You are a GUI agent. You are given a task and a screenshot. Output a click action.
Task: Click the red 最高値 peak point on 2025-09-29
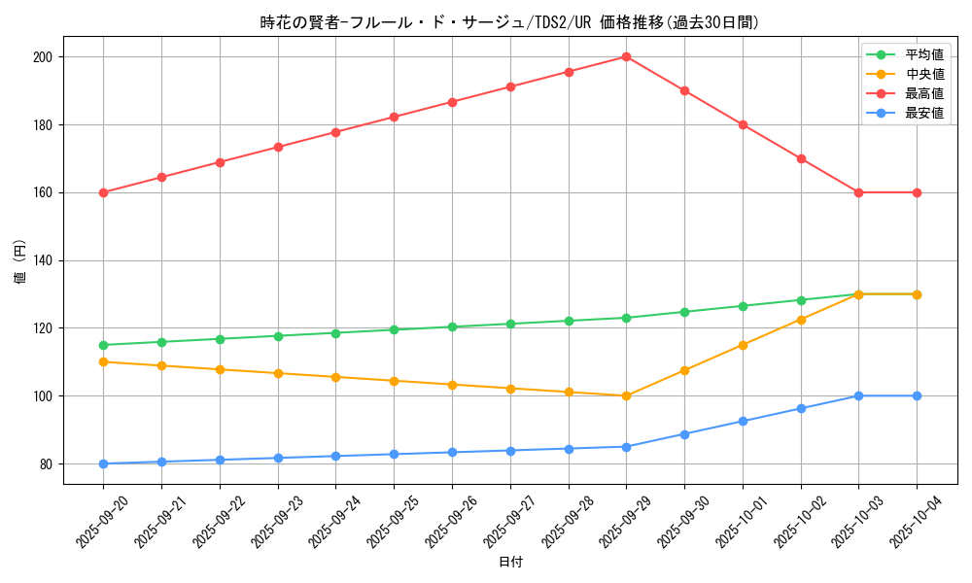627,57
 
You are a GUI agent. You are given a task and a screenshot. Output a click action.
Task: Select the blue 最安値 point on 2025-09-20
103,463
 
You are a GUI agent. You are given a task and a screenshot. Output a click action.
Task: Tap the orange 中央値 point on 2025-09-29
627,395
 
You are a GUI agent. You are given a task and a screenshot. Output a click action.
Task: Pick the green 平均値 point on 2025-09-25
394,329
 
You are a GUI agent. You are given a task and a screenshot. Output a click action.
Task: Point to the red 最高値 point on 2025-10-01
743,124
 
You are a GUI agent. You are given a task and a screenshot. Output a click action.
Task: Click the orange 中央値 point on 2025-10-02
801,320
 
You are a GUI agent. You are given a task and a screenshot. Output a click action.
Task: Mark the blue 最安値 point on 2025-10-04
917,395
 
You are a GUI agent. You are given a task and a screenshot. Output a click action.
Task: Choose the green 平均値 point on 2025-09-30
684,312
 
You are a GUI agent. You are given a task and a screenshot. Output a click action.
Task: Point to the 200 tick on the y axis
46,57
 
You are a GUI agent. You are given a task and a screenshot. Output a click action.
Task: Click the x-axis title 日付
510,563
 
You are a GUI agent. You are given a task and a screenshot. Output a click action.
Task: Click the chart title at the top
510,22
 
